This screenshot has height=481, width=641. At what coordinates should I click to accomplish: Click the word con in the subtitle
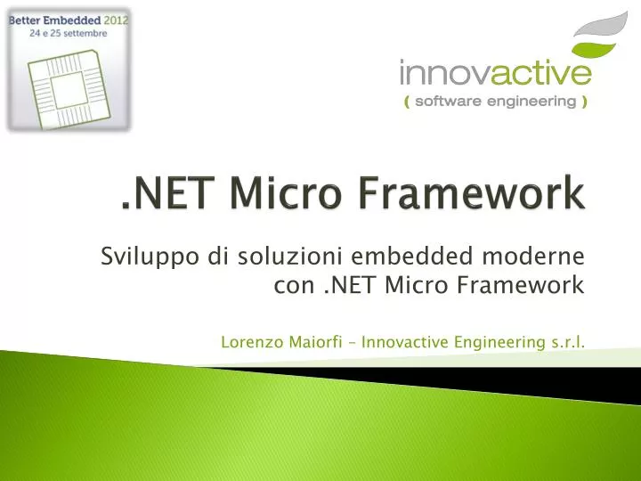tap(287, 286)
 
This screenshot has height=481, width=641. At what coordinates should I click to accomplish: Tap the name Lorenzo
tap(250, 343)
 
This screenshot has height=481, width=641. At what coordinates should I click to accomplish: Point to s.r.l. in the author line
tap(566, 343)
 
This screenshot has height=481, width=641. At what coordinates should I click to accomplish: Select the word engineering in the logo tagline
tap(534, 102)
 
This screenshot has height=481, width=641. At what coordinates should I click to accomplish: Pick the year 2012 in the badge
tap(115, 20)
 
